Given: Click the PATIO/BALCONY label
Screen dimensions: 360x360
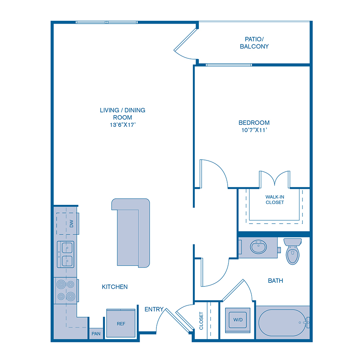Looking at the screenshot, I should point(254,43).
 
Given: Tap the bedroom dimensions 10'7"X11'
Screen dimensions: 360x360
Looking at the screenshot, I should point(254,130).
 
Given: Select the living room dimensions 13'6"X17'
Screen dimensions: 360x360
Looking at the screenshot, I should point(122,125).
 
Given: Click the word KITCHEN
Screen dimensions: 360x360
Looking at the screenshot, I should point(115,287).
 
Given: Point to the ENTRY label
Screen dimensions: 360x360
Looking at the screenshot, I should point(154,309).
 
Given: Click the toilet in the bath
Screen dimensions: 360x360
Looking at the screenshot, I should point(292,252).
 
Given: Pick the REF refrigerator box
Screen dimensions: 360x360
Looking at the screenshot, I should point(121,324).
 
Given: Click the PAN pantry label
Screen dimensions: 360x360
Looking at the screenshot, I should point(96,334).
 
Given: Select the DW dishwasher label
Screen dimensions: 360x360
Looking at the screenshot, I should point(72,224).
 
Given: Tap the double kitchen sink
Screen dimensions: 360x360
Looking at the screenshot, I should point(65,254).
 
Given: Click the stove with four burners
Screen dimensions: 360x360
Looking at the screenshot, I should point(65,290).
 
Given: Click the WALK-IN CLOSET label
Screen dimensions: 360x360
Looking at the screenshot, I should point(274,200).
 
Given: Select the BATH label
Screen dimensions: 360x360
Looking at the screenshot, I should point(275,281).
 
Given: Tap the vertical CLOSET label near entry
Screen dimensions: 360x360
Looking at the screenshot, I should point(201,321).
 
